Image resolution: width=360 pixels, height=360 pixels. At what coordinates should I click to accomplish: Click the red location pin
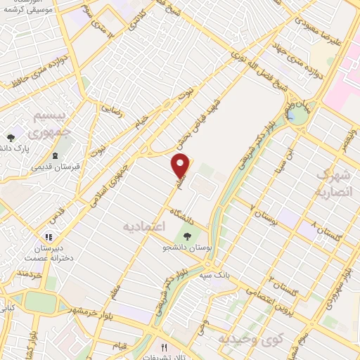[x=181, y=166]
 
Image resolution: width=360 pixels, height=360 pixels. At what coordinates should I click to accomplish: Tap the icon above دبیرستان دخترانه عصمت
[x=49, y=238]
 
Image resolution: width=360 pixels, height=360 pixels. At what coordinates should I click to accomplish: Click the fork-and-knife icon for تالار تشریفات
[x=165, y=347]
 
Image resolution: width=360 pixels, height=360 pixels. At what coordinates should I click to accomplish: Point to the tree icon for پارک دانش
[x=11, y=138]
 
